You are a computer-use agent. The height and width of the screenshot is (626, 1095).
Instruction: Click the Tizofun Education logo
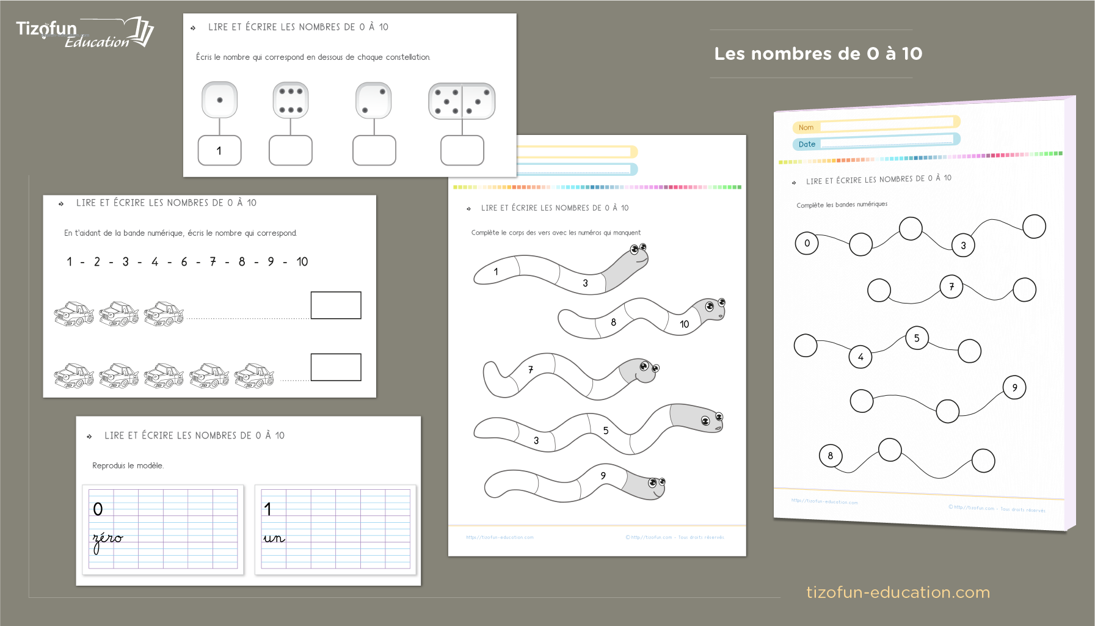click(x=84, y=33)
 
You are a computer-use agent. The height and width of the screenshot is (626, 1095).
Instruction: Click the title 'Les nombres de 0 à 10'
click(x=818, y=54)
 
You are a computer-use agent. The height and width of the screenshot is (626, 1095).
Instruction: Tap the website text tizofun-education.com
click(x=898, y=592)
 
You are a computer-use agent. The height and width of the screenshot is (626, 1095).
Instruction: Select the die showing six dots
click(x=291, y=100)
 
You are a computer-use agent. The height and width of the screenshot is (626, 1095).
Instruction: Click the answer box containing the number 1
click(x=219, y=150)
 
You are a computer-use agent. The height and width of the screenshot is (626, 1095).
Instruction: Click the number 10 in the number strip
click(x=302, y=262)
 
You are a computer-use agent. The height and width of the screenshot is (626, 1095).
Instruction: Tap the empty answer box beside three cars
click(x=336, y=305)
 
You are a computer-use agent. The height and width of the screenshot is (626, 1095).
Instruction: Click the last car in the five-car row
click(x=254, y=376)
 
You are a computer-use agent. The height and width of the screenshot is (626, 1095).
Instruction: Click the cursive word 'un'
click(x=274, y=538)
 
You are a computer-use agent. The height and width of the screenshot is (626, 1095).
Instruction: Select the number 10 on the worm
click(x=684, y=324)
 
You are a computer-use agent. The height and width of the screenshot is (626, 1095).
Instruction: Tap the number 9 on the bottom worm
click(x=603, y=476)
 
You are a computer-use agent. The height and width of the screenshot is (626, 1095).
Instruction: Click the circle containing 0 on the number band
click(x=807, y=243)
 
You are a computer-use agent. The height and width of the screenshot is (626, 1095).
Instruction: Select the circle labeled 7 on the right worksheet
click(x=951, y=286)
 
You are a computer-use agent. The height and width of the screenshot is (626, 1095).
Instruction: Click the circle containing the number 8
click(x=830, y=456)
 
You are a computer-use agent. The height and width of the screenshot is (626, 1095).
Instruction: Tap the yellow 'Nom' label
click(x=806, y=128)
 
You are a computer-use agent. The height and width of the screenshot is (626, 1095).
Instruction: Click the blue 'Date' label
click(x=806, y=144)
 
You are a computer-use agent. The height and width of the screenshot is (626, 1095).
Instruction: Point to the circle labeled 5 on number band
click(x=916, y=338)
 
